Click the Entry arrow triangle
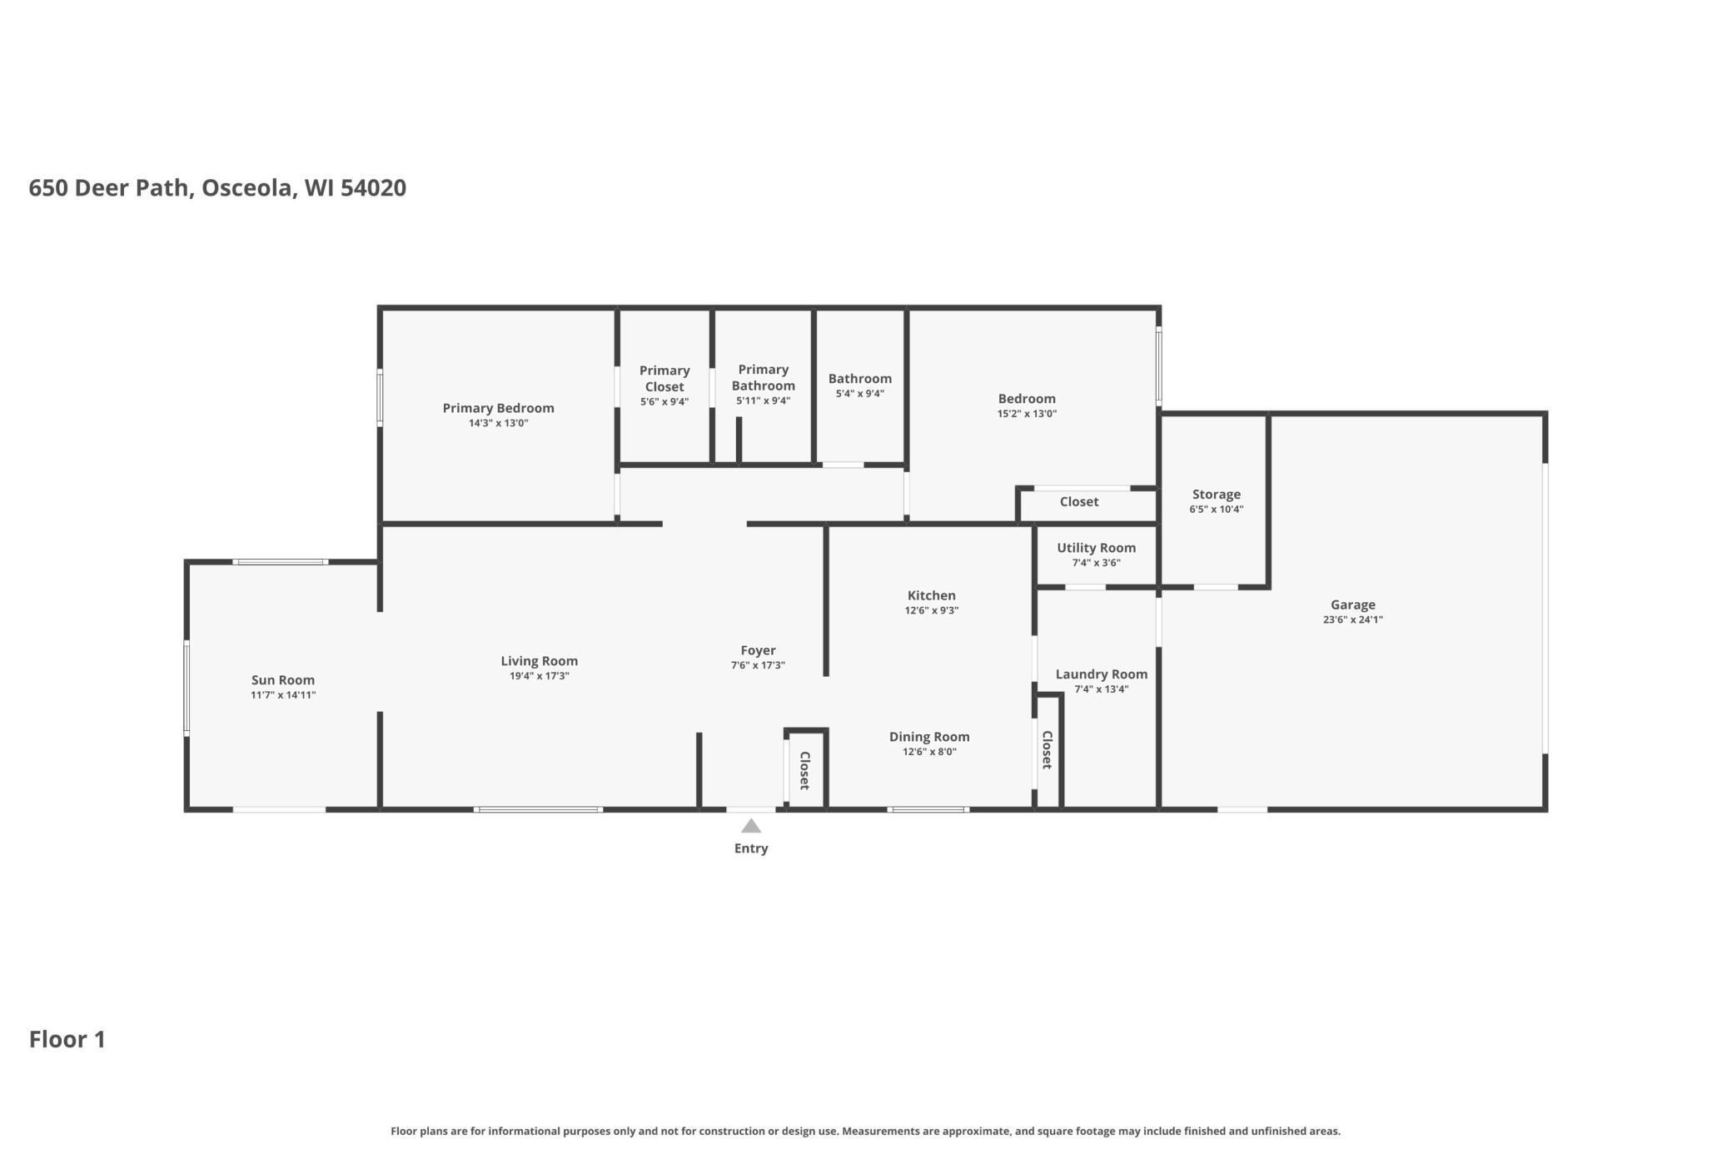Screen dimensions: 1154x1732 pos(751,826)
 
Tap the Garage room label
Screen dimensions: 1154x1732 pos(1352,605)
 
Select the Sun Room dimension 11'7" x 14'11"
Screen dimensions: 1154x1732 pos(283,695)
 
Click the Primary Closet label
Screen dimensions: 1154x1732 pos(664,379)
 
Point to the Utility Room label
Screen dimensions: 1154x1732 pos(1096,548)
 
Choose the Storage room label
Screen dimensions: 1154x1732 pos(1216,495)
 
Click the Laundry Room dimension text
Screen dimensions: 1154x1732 pos(1101,689)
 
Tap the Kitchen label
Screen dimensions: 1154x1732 pos(931,595)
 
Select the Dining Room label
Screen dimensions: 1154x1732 pos(929,737)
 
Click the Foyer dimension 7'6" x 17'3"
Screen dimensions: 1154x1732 pos(758,665)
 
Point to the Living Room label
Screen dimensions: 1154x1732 pos(539,661)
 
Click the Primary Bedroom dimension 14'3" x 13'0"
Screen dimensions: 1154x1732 pos(498,423)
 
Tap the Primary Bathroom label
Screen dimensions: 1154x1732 pos(763,377)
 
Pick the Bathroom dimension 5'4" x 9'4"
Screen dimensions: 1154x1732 pos(859,394)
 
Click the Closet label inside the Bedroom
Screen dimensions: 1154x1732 pos(1078,502)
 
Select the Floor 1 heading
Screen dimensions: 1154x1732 pos(67,1039)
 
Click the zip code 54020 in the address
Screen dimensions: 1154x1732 pos(373,188)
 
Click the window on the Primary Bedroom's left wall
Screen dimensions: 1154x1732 pos(380,398)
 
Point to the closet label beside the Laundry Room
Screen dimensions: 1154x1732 pos(1048,749)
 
